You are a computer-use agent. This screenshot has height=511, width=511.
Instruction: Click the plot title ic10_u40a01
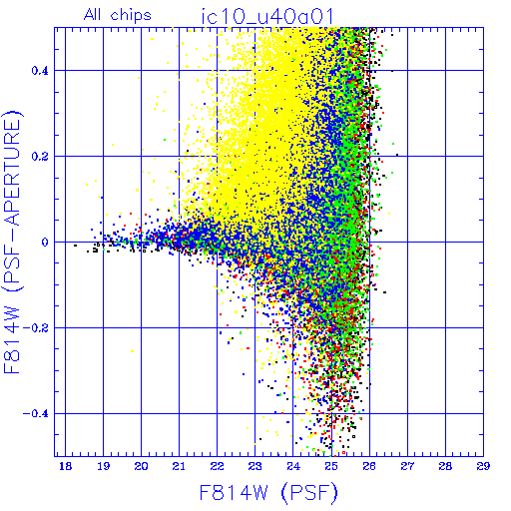pos(267,17)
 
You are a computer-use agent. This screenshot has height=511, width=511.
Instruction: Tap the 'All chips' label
pos(118,15)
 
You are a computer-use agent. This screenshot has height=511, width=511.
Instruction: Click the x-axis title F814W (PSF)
pos(268,492)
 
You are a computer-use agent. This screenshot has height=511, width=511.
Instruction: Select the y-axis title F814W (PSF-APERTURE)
pos(13,243)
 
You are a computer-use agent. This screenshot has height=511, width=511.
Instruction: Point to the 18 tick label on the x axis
pos(65,466)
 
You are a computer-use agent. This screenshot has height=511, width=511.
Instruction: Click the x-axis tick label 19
pos(103,466)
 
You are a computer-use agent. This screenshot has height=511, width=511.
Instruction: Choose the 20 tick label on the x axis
pos(141,466)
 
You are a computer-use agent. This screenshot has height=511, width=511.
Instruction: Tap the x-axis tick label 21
pos(179,466)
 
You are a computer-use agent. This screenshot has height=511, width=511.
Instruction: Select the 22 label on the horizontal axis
pos(217,466)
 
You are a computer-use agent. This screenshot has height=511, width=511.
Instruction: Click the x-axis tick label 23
pos(255,466)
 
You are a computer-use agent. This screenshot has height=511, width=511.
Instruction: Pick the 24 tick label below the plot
pos(293,466)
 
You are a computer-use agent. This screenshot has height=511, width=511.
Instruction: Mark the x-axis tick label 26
pos(369,466)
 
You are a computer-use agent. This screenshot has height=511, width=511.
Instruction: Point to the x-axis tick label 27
pos(407,466)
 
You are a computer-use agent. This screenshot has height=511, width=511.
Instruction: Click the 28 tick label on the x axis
pos(445,466)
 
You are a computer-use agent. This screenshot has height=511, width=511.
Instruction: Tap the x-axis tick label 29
pos(483,466)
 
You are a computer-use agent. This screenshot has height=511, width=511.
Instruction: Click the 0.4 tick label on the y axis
pos(40,71)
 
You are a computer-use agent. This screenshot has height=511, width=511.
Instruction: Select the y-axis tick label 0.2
pos(40,157)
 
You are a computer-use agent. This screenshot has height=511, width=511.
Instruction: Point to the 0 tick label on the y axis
pos(45,243)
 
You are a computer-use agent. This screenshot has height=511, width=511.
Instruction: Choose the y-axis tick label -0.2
pos(36,328)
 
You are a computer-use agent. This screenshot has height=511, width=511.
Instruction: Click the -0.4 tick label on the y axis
pos(36,414)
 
